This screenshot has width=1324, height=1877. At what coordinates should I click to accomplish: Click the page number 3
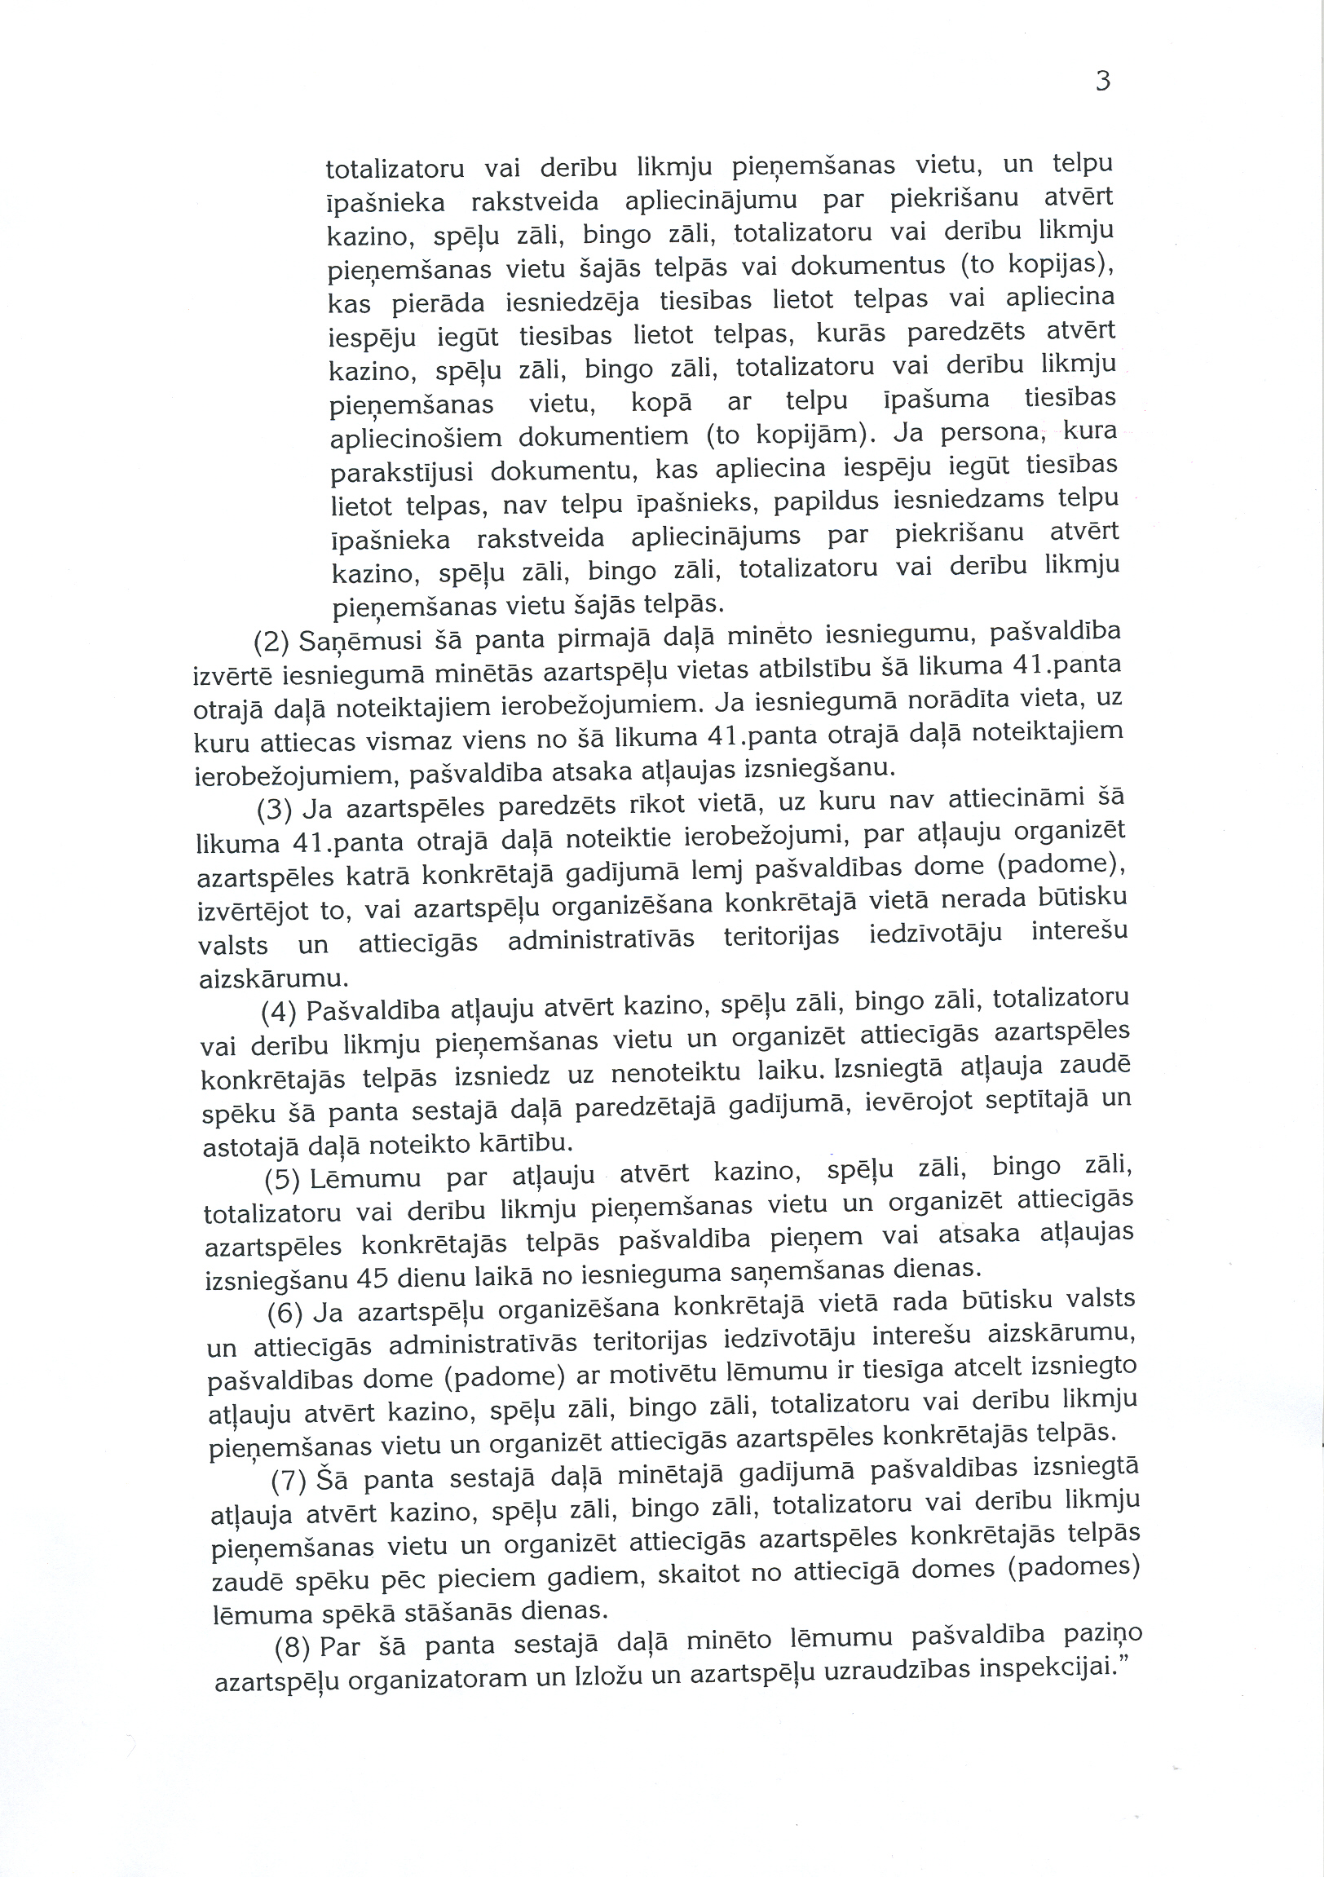click(1102, 82)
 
